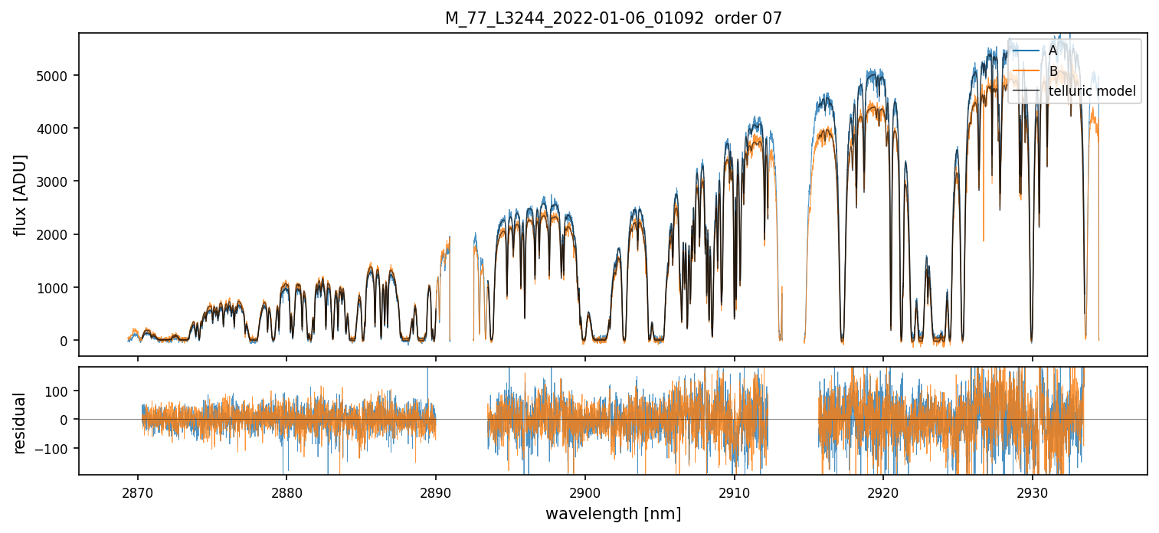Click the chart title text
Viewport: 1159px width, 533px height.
(613, 18)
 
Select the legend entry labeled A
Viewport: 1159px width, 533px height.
(1053, 51)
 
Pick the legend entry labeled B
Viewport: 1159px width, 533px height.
(1053, 71)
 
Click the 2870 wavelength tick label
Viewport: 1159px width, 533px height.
(138, 490)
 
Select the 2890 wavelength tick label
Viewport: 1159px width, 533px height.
(436, 490)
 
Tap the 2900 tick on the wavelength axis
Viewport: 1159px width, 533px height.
(585, 490)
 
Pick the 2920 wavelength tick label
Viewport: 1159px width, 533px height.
(883, 490)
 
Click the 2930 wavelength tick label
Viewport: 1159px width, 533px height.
(1033, 490)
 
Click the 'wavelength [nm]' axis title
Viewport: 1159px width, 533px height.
(613, 513)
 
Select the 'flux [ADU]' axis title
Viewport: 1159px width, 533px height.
(21, 195)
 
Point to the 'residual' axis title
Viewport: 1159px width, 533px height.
(21, 422)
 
